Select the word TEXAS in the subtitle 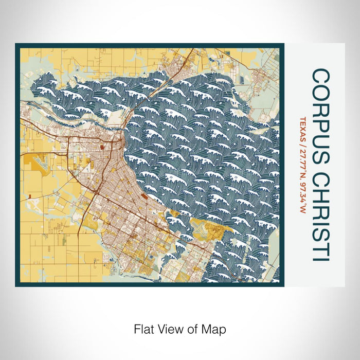pos(301,128)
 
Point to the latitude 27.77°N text pos(301,163)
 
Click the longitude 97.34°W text pos(301,198)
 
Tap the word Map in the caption pos(215,328)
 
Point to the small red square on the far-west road pos(30,196)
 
